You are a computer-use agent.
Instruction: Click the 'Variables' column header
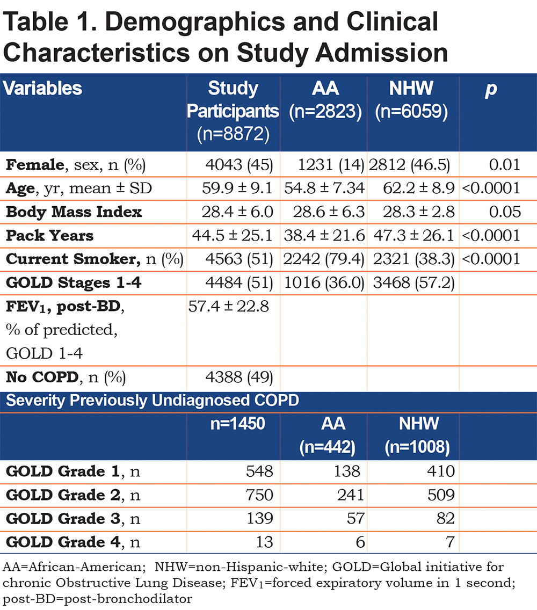click(42, 88)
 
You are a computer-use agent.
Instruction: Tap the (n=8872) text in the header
click(233, 134)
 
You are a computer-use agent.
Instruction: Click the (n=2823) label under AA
click(325, 112)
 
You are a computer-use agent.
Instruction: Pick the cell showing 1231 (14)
click(331, 165)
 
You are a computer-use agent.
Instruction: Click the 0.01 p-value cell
click(505, 165)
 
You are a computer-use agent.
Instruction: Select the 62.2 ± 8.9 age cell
click(419, 188)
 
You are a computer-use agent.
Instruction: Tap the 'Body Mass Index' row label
click(74, 212)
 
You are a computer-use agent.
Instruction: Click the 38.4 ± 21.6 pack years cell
click(324, 235)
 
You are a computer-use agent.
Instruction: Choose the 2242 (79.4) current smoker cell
click(324, 259)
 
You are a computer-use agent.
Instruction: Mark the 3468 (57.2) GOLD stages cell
click(413, 283)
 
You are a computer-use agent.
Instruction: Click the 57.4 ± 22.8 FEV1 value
click(228, 307)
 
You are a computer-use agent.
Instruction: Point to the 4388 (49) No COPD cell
click(240, 377)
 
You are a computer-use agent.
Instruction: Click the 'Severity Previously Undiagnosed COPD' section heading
click(153, 401)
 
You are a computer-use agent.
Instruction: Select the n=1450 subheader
click(238, 423)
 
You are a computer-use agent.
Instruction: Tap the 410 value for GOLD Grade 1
click(441, 471)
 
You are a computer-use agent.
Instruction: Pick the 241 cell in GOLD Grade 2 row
click(351, 495)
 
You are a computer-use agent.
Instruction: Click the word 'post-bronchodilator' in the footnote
click(98, 599)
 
